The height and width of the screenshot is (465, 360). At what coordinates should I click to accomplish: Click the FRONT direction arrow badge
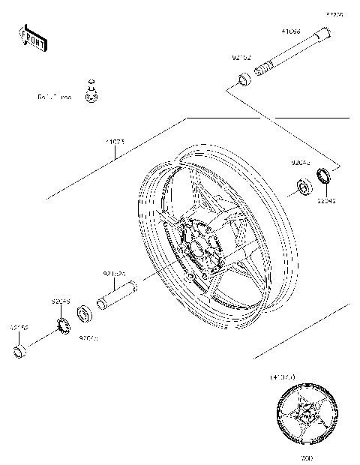tap(31, 37)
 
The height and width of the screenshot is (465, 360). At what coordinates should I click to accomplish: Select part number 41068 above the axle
tap(291, 32)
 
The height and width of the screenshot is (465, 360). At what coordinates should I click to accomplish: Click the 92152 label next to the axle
tap(241, 57)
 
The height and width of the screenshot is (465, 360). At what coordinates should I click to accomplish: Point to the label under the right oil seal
tap(326, 201)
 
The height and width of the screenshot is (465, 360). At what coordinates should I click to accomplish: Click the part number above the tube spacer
tap(113, 274)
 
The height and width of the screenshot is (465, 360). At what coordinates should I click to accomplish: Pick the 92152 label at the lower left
tap(19, 327)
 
